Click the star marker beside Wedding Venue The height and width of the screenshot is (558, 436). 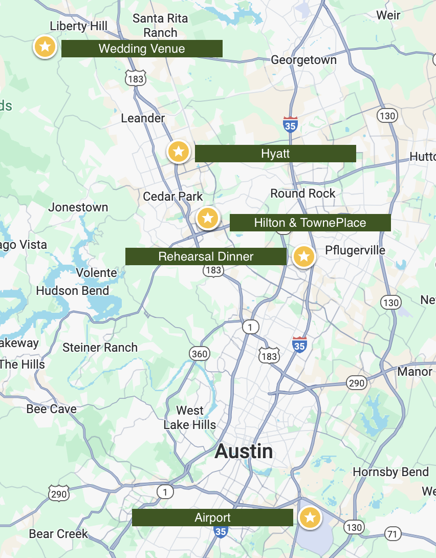[45, 47]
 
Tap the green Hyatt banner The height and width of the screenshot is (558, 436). [275, 154]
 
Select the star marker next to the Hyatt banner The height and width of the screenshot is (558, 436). [179, 152]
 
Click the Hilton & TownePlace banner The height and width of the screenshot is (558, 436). [310, 223]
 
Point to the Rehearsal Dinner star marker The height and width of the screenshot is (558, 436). [304, 256]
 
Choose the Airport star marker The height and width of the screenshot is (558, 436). [310, 518]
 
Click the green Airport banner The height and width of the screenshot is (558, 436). [212, 518]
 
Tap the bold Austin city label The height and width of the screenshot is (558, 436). [244, 452]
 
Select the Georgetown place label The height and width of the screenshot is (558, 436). [303, 60]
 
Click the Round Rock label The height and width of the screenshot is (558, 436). [303, 194]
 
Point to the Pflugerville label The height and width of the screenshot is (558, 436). [355, 250]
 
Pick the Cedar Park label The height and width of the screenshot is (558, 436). [173, 197]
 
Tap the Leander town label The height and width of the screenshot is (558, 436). [143, 118]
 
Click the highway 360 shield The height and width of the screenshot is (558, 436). [199, 353]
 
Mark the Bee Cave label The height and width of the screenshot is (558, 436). [52, 409]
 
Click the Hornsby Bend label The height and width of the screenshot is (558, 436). [390, 472]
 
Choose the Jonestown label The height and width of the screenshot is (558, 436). [78, 207]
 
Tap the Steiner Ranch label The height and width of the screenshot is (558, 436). [100, 348]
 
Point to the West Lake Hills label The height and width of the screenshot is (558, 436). [190, 418]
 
